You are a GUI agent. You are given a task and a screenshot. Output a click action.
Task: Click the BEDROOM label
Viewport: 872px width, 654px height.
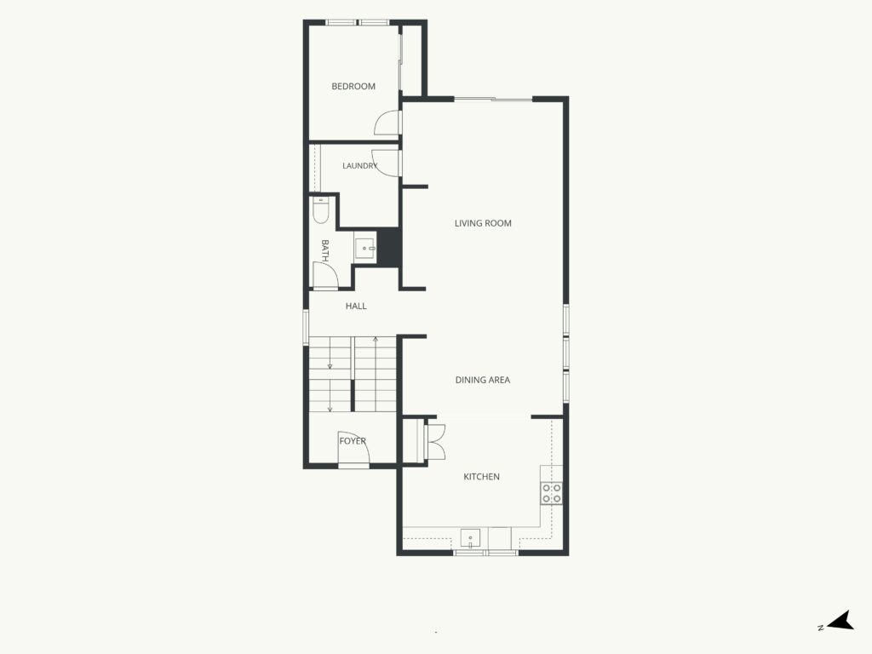353,86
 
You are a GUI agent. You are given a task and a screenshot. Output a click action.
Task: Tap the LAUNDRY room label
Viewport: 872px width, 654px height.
360,166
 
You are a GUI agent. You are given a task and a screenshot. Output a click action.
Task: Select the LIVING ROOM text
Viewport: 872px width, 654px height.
483,223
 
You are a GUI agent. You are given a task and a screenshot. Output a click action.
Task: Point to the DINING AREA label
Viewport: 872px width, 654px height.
483,380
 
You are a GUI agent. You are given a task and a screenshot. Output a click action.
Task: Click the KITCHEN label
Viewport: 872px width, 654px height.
482,477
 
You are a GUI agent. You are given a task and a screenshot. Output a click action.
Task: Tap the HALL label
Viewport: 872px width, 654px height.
356,306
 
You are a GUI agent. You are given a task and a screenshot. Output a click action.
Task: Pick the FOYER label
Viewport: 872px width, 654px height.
353,441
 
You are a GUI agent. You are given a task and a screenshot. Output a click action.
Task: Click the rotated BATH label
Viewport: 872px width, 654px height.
324,251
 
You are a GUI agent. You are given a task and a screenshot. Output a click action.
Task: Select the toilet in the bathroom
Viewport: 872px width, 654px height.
320,209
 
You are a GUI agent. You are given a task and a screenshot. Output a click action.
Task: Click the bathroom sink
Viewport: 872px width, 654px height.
365,248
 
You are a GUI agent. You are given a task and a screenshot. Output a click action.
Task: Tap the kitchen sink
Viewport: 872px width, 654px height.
470,539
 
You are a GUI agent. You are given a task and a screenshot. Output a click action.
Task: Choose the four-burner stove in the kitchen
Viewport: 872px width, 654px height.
552,493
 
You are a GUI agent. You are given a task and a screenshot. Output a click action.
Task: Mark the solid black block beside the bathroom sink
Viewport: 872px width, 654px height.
388,247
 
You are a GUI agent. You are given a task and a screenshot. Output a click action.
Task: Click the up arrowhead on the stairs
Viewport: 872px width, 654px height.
376,339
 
